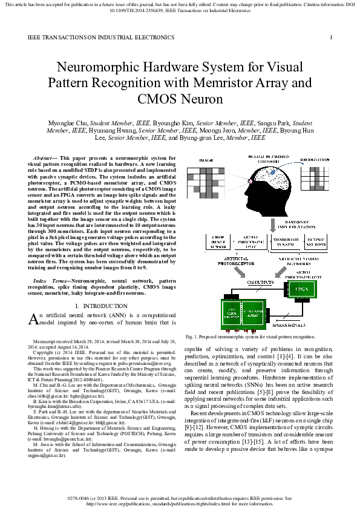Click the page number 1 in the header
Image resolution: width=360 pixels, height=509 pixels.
tap(331, 38)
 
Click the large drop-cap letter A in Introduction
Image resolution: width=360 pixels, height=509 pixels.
tap(34, 319)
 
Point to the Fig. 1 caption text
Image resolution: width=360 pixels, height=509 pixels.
tap(250, 336)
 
